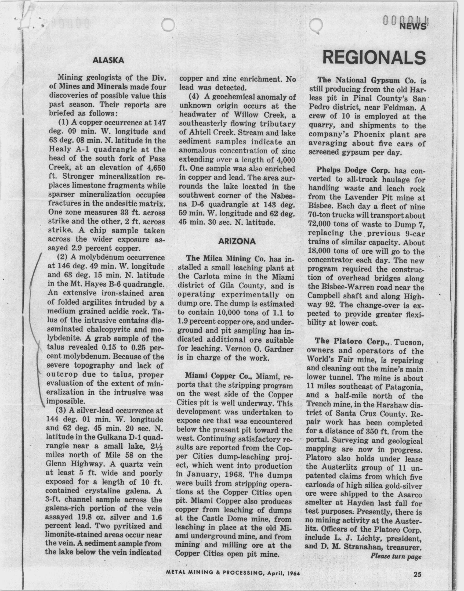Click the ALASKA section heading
(108, 60)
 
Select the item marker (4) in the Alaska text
(194, 97)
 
